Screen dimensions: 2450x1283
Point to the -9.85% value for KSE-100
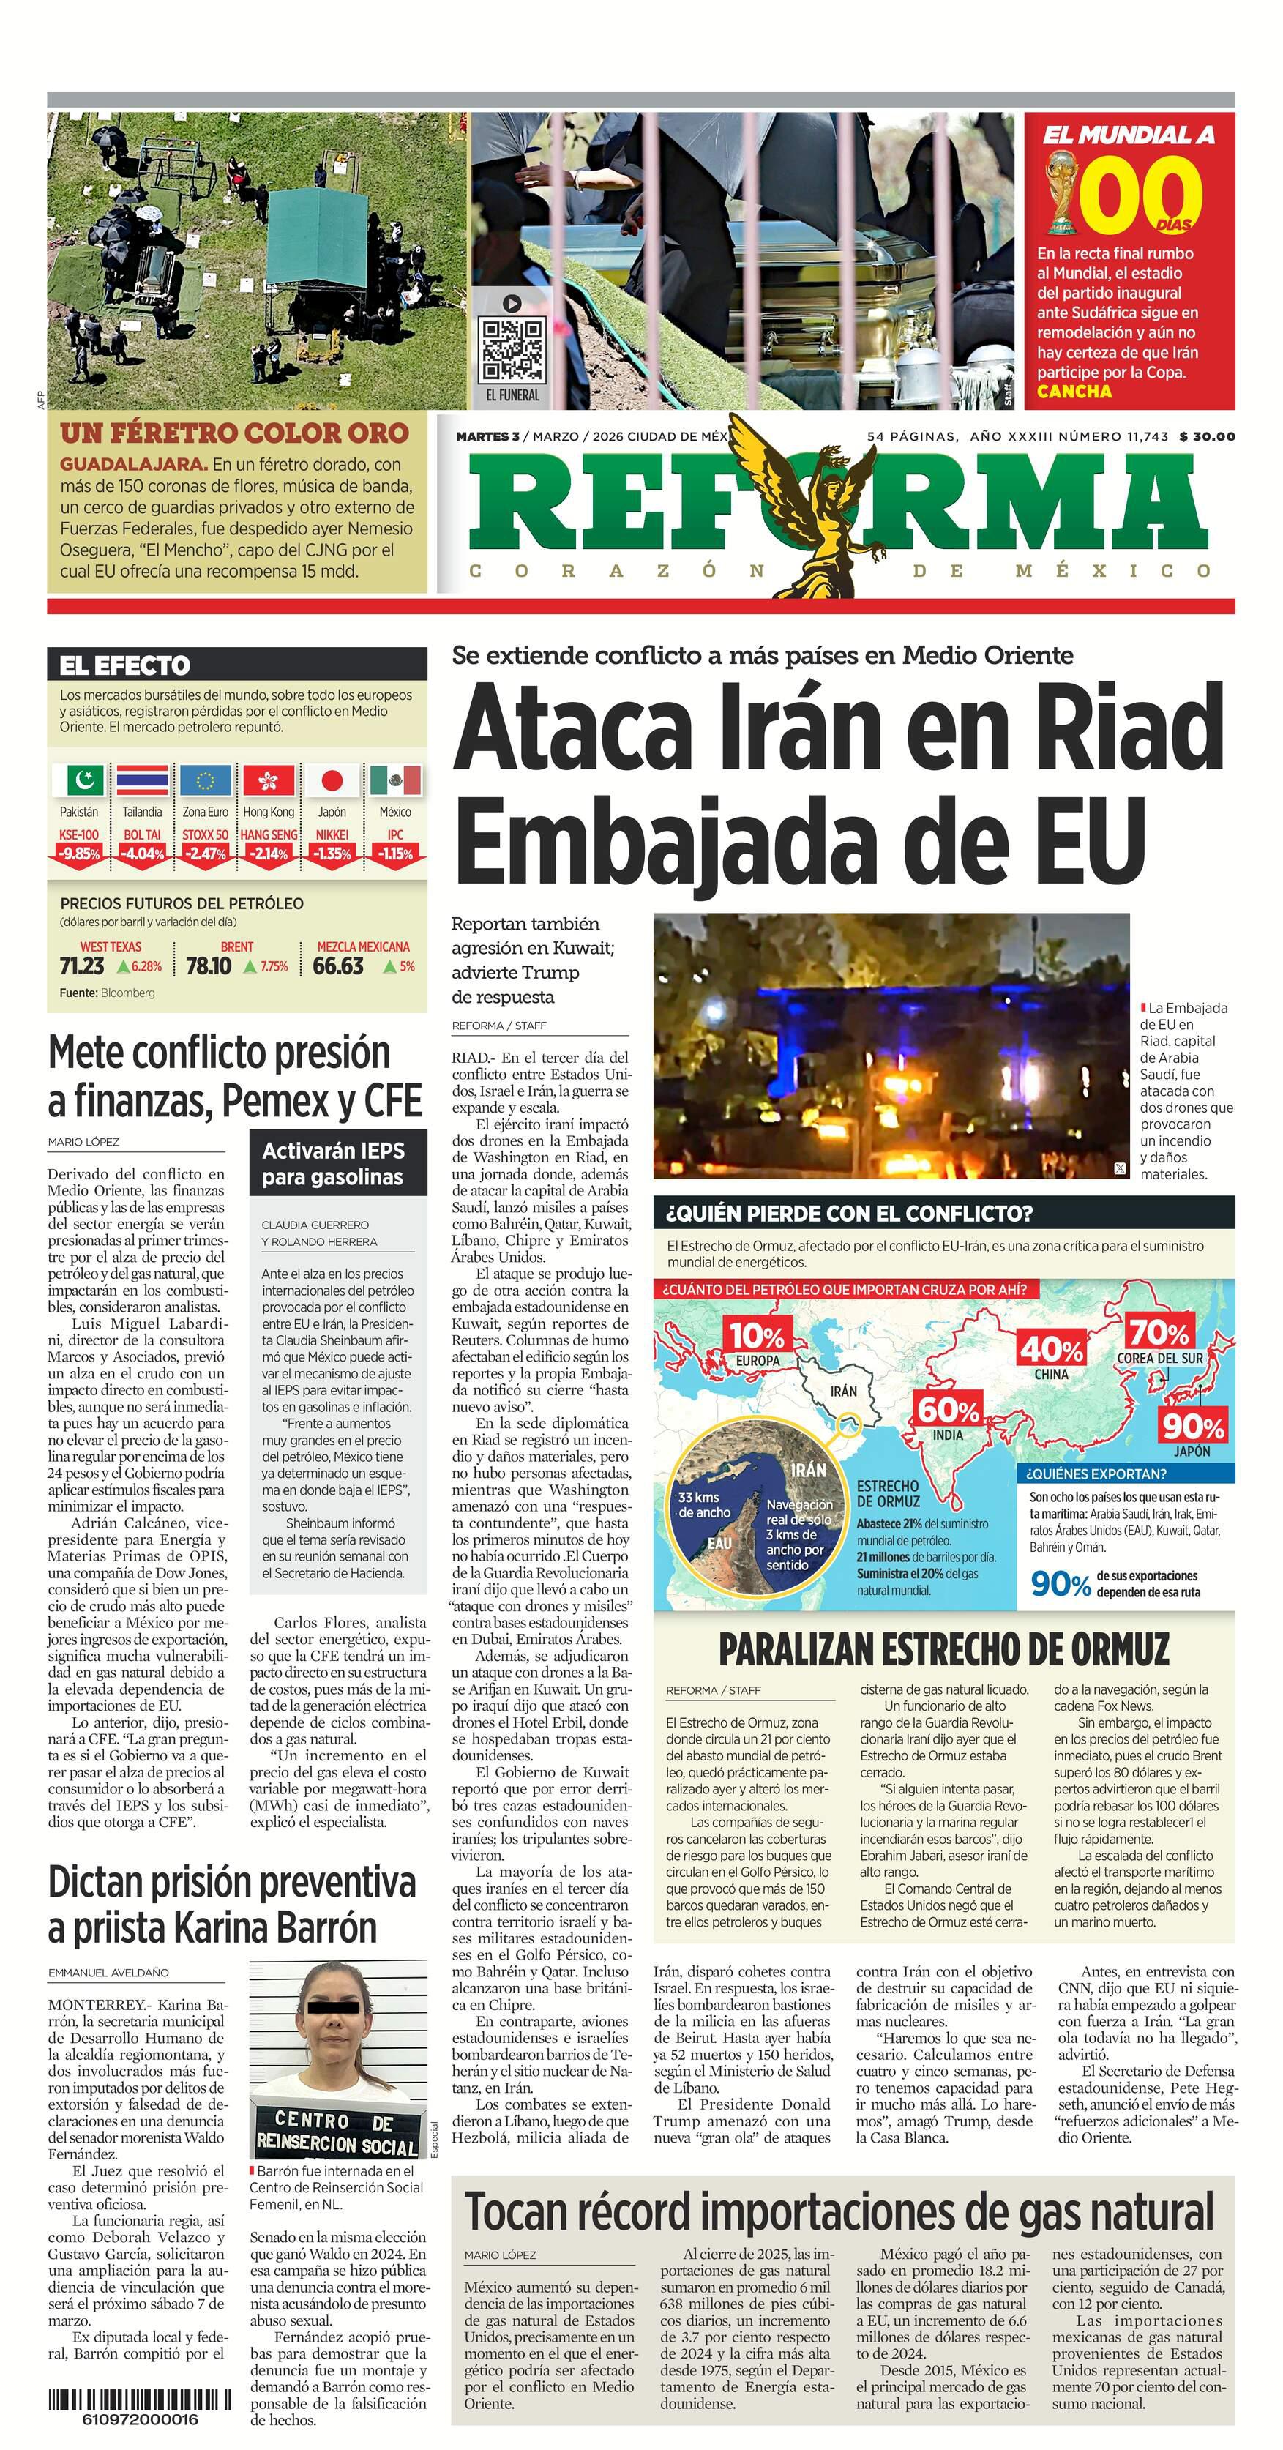pos(79,853)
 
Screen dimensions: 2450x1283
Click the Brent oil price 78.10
pos(209,966)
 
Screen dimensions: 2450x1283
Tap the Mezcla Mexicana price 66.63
pos(337,966)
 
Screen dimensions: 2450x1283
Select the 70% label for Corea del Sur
pos(1159,1332)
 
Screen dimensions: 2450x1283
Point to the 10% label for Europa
pos(757,1335)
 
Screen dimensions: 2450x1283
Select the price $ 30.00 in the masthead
pos(1207,436)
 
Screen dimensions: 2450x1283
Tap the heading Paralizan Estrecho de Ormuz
pos(943,1648)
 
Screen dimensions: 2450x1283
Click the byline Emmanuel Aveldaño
pos(108,1973)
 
